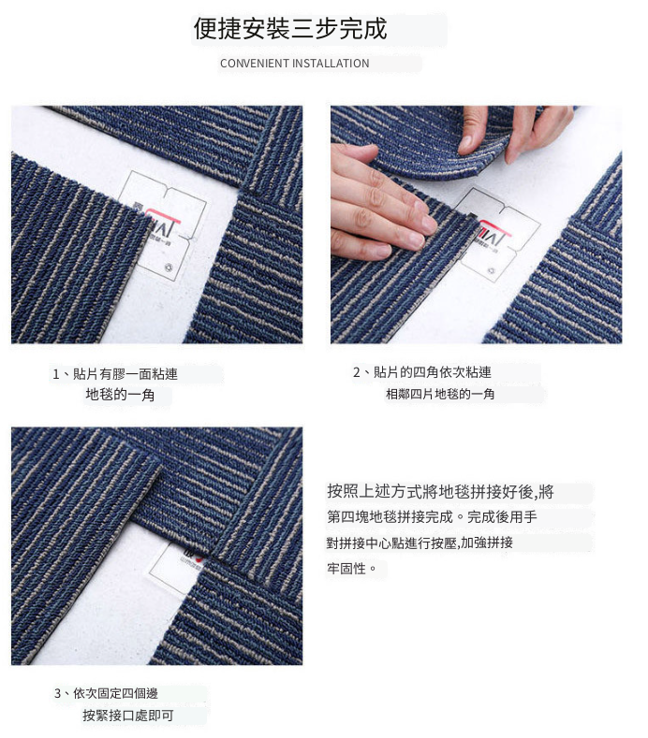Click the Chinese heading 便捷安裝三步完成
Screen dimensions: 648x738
(290, 29)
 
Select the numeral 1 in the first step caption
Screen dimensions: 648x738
(55, 375)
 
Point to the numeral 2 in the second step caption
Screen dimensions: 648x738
(357, 373)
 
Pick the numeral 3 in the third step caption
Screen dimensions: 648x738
(57, 694)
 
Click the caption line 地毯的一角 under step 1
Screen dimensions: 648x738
(120, 395)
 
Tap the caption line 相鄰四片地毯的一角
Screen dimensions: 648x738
(440, 394)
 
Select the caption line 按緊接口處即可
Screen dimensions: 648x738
(128, 716)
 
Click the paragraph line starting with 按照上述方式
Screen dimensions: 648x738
(441, 492)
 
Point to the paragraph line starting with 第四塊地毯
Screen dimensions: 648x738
(433, 517)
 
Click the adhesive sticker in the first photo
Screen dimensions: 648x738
(163, 226)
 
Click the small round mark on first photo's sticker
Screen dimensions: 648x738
(169, 268)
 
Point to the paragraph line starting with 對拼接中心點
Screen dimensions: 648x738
(420, 543)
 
